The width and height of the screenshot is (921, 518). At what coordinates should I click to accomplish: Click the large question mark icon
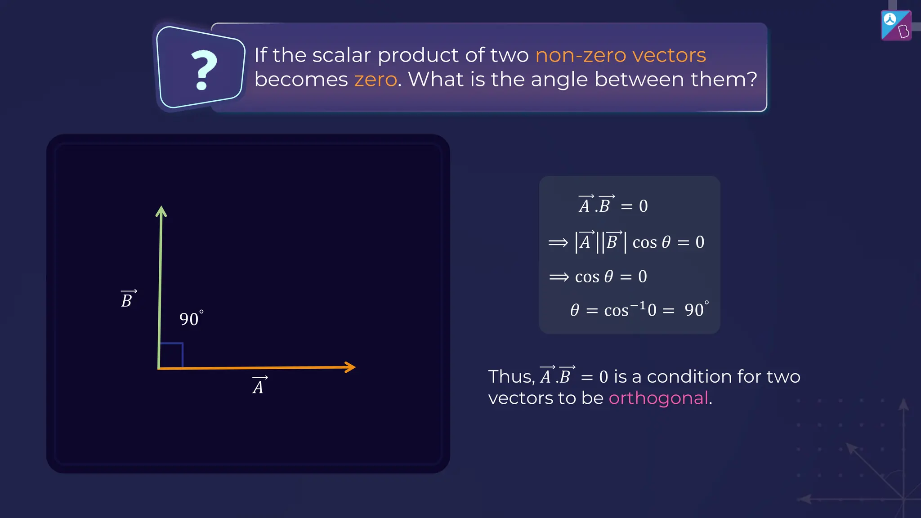204,70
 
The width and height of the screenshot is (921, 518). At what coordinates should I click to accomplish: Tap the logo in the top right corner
896,25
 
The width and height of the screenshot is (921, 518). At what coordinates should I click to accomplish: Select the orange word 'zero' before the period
376,80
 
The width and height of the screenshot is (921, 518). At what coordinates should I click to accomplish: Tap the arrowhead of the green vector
161,211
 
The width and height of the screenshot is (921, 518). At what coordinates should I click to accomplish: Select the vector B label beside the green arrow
128,299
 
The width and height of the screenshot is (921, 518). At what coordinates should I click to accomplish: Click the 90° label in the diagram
191,318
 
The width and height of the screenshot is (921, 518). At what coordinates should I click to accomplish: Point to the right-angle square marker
171,355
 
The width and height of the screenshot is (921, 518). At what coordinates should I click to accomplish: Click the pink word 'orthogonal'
658,398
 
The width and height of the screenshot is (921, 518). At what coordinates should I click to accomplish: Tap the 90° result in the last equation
696,309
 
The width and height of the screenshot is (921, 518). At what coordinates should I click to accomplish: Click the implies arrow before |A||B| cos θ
558,243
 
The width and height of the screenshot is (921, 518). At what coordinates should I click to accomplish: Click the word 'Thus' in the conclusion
510,376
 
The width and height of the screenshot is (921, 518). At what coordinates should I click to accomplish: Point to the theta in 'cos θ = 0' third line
608,276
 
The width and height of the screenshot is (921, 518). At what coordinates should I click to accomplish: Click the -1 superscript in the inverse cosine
638,306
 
